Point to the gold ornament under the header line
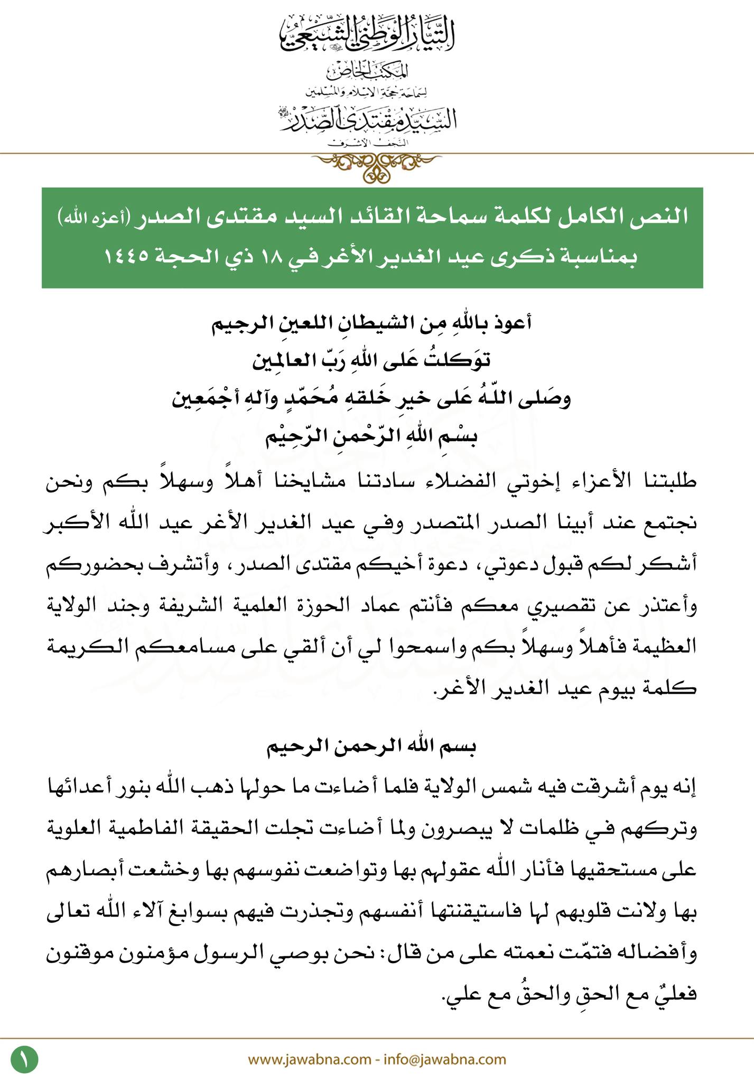coord(377,165)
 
